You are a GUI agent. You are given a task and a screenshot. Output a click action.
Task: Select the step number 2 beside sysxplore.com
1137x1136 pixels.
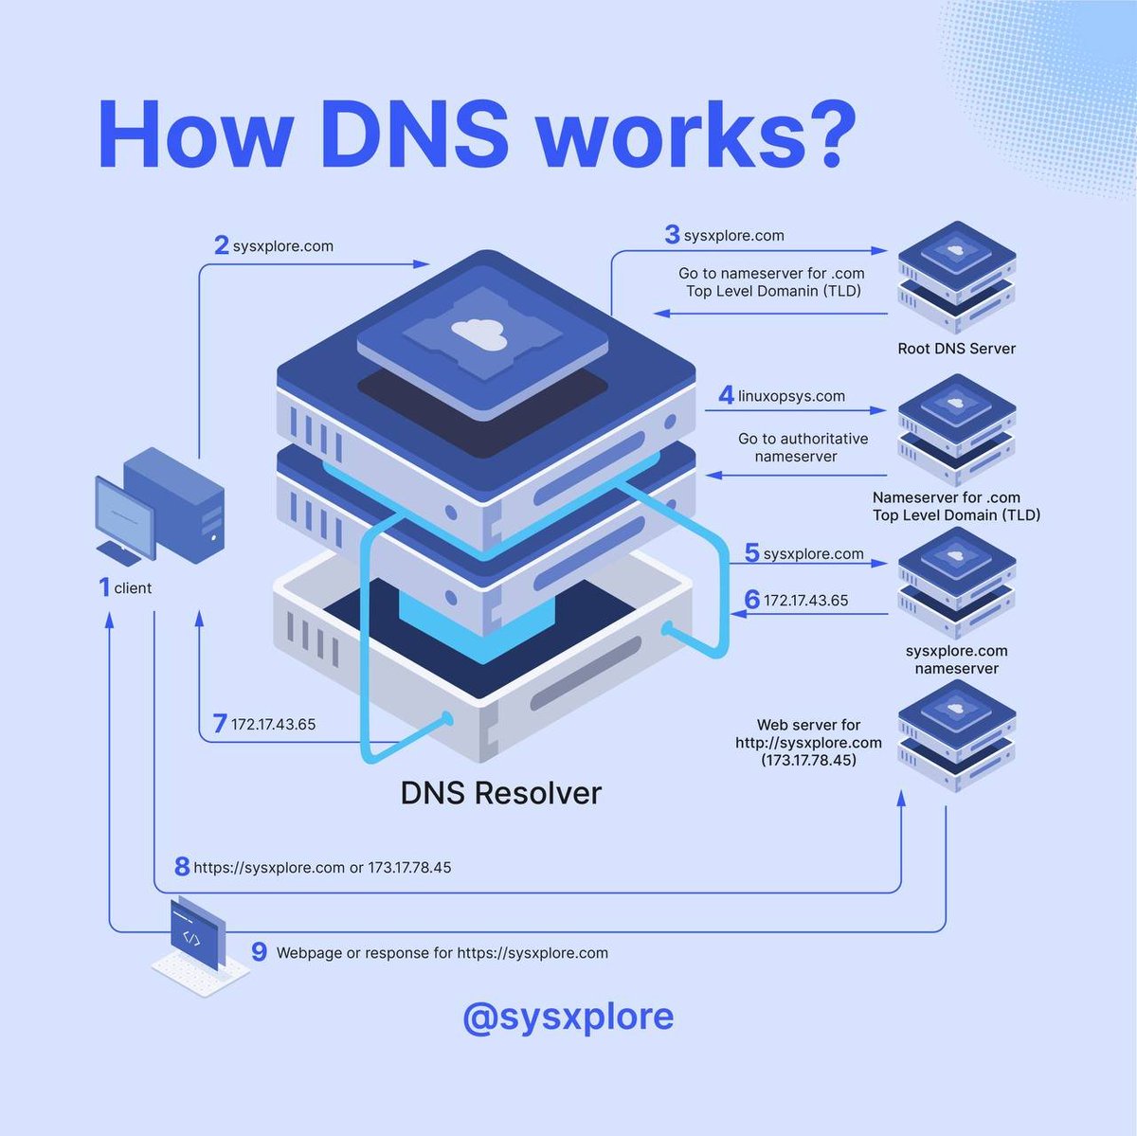pos(221,246)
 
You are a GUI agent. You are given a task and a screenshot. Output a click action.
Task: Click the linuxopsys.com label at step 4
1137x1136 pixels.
pos(791,396)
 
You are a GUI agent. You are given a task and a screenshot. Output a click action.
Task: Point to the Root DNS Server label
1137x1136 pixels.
pos(956,349)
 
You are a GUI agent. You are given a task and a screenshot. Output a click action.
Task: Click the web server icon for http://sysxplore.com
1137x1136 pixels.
pos(956,735)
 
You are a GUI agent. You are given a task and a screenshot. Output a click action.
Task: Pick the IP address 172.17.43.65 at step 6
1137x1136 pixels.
pos(805,601)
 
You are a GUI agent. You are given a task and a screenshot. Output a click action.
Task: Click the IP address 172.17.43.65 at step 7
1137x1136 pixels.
pos(273,725)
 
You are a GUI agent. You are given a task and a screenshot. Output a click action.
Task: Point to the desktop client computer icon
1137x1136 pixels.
pos(161,510)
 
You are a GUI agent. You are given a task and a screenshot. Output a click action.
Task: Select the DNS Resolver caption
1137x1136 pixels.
pos(500,793)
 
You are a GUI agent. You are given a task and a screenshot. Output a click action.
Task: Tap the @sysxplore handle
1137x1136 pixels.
pos(568,1016)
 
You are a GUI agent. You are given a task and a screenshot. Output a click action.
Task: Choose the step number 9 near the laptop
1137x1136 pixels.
pos(259,951)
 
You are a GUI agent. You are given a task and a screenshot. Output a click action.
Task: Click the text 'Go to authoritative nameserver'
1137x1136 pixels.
pos(802,447)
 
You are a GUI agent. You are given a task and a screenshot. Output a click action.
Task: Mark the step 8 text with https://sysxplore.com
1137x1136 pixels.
pos(322,867)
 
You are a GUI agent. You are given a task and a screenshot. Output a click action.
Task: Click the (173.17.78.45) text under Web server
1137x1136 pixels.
pos(808,760)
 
